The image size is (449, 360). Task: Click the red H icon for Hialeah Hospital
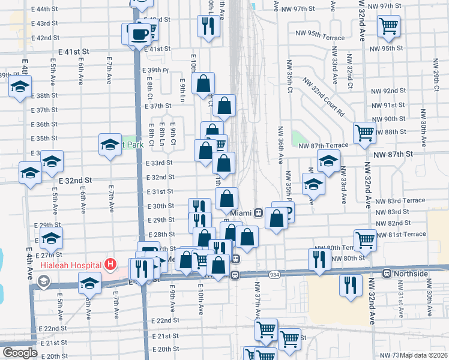[x=110, y=263]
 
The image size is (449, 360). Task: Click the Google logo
[x=20, y=353]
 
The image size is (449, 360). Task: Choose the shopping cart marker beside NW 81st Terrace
[x=365, y=239]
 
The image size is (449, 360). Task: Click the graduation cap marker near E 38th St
[x=20, y=87]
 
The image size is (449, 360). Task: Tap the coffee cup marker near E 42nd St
[x=140, y=34]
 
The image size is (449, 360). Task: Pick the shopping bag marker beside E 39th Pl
[x=203, y=83]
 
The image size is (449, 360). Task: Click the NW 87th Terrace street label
[x=324, y=146]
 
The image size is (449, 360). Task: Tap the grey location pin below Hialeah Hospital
[x=43, y=281]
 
